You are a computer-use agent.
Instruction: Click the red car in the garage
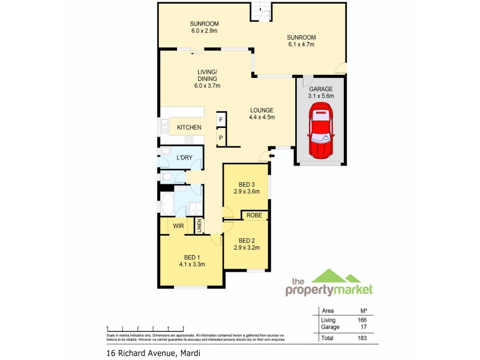coord(320,131)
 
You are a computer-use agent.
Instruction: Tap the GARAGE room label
coord(321,89)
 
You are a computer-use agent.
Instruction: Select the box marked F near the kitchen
coord(220,120)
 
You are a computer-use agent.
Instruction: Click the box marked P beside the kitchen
coord(220,138)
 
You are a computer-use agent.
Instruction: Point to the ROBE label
coord(255,215)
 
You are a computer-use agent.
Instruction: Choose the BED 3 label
coord(245,184)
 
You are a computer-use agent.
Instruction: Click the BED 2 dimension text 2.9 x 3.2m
coord(245,247)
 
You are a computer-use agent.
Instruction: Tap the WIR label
coord(178,226)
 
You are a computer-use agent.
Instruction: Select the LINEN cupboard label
coord(199,226)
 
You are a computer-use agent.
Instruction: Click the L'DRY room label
coord(184,157)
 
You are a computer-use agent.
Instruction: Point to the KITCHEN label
coord(189,127)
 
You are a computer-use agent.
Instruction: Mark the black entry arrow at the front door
coord(271,157)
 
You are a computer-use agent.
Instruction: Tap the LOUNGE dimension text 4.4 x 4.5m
coord(262,117)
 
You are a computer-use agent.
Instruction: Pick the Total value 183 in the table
coord(362,338)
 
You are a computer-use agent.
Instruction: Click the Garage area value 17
coord(362,327)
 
